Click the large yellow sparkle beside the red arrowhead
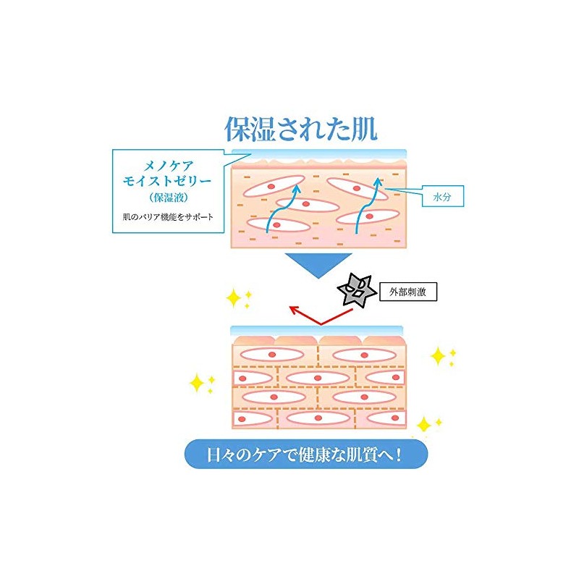[x=233, y=298]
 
